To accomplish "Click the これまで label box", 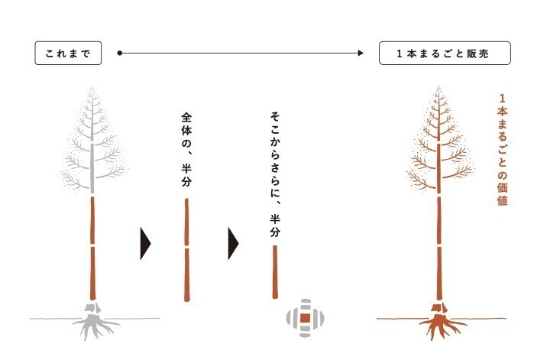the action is point(68,53).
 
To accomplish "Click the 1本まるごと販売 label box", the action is point(445,53).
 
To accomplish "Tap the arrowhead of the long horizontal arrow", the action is point(361,53).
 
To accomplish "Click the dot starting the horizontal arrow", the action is point(120,53).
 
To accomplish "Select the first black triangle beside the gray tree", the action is point(145,244).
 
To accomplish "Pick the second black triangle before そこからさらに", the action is point(233,244).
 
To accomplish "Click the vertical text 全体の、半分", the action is point(186,150).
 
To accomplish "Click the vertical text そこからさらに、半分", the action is point(275,174).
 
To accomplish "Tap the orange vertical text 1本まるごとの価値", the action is point(503,150).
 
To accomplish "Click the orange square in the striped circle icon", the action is point(305,318).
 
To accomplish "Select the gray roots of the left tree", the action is point(94,327).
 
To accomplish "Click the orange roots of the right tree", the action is point(441,327).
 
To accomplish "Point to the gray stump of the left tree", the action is point(92,308).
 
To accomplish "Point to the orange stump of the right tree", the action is point(439,308).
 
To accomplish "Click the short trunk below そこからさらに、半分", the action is point(275,272).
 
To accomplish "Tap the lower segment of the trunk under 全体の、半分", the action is point(187,275).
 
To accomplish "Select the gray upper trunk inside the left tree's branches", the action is point(92,167).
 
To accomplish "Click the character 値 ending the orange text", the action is point(503,200).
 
